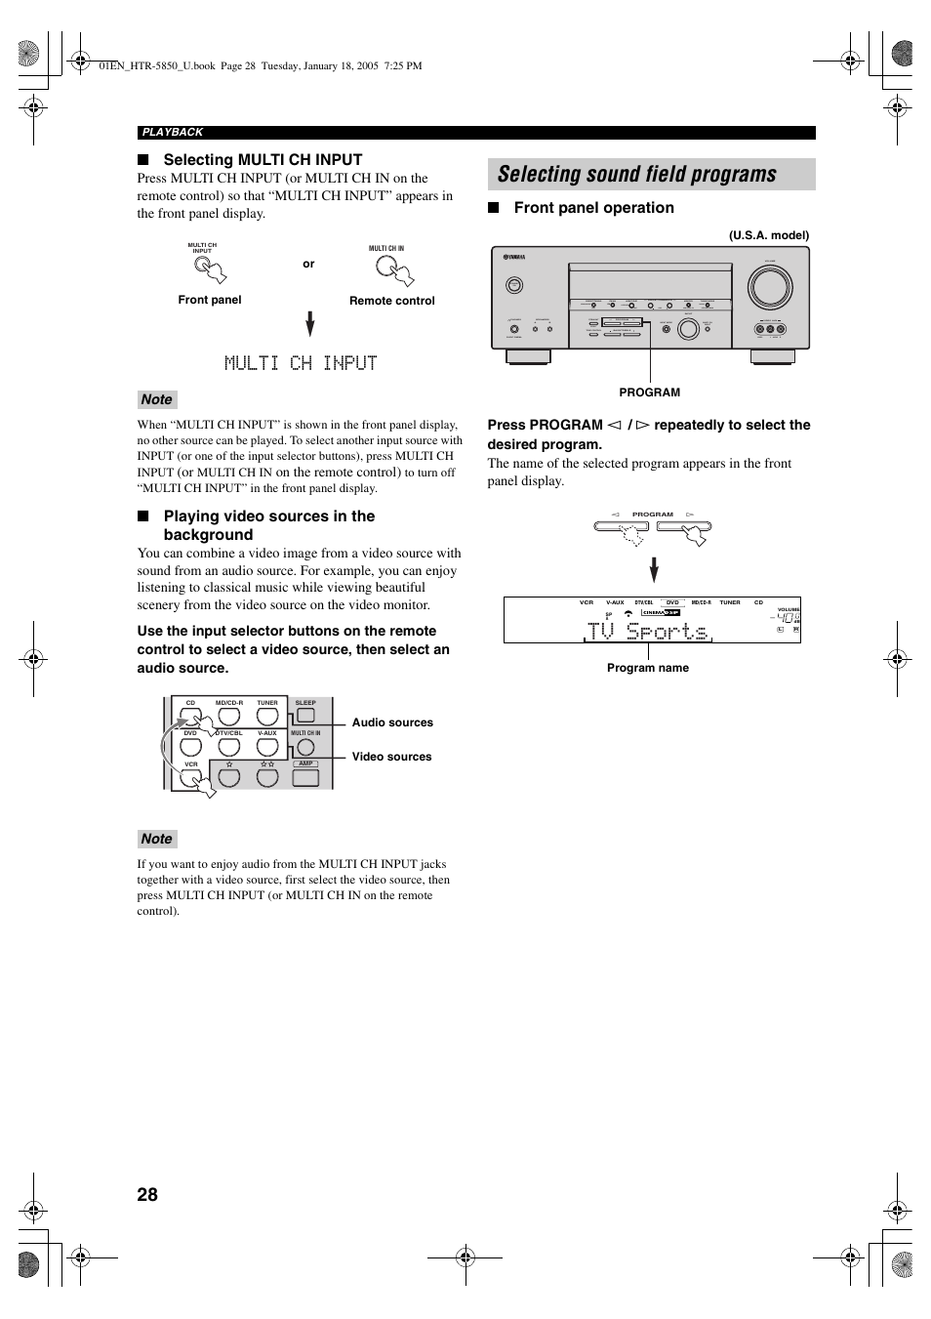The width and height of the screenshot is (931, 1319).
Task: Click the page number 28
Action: pyautogui.click(x=147, y=1194)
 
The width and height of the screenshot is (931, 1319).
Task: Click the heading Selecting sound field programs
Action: pyautogui.click(x=636, y=175)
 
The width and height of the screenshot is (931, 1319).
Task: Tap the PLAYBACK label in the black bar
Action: pyautogui.click(x=173, y=132)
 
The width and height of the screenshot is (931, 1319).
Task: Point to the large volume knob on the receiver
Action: pyautogui.click(x=770, y=286)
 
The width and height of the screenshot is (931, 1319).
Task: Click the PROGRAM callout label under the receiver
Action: pyautogui.click(x=649, y=392)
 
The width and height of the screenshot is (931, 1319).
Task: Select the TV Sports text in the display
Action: pyautogui.click(x=648, y=632)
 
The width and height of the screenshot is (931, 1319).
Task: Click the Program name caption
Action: pyautogui.click(x=647, y=668)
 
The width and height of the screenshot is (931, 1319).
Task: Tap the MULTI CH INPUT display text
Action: pyautogui.click(x=301, y=363)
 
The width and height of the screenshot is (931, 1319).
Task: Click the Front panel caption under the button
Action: pyautogui.click(x=209, y=300)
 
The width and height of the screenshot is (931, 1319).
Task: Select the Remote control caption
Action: pyautogui.click(x=391, y=301)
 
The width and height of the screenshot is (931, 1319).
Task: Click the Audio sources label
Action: pyautogui.click(x=392, y=722)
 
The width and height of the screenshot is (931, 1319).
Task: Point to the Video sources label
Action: pyautogui.click(x=391, y=757)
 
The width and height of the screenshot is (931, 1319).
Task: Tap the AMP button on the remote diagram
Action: pyautogui.click(x=305, y=777)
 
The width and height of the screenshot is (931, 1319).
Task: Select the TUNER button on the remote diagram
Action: pyautogui.click(x=267, y=717)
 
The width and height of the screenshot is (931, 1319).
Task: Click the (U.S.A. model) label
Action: pyautogui.click(x=769, y=235)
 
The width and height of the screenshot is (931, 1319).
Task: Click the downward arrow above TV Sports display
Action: pyautogui.click(x=654, y=569)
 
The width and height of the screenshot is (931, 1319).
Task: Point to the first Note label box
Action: pyautogui.click(x=156, y=399)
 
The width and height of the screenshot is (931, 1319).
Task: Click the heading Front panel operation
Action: pyautogui.click(x=593, y=208)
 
